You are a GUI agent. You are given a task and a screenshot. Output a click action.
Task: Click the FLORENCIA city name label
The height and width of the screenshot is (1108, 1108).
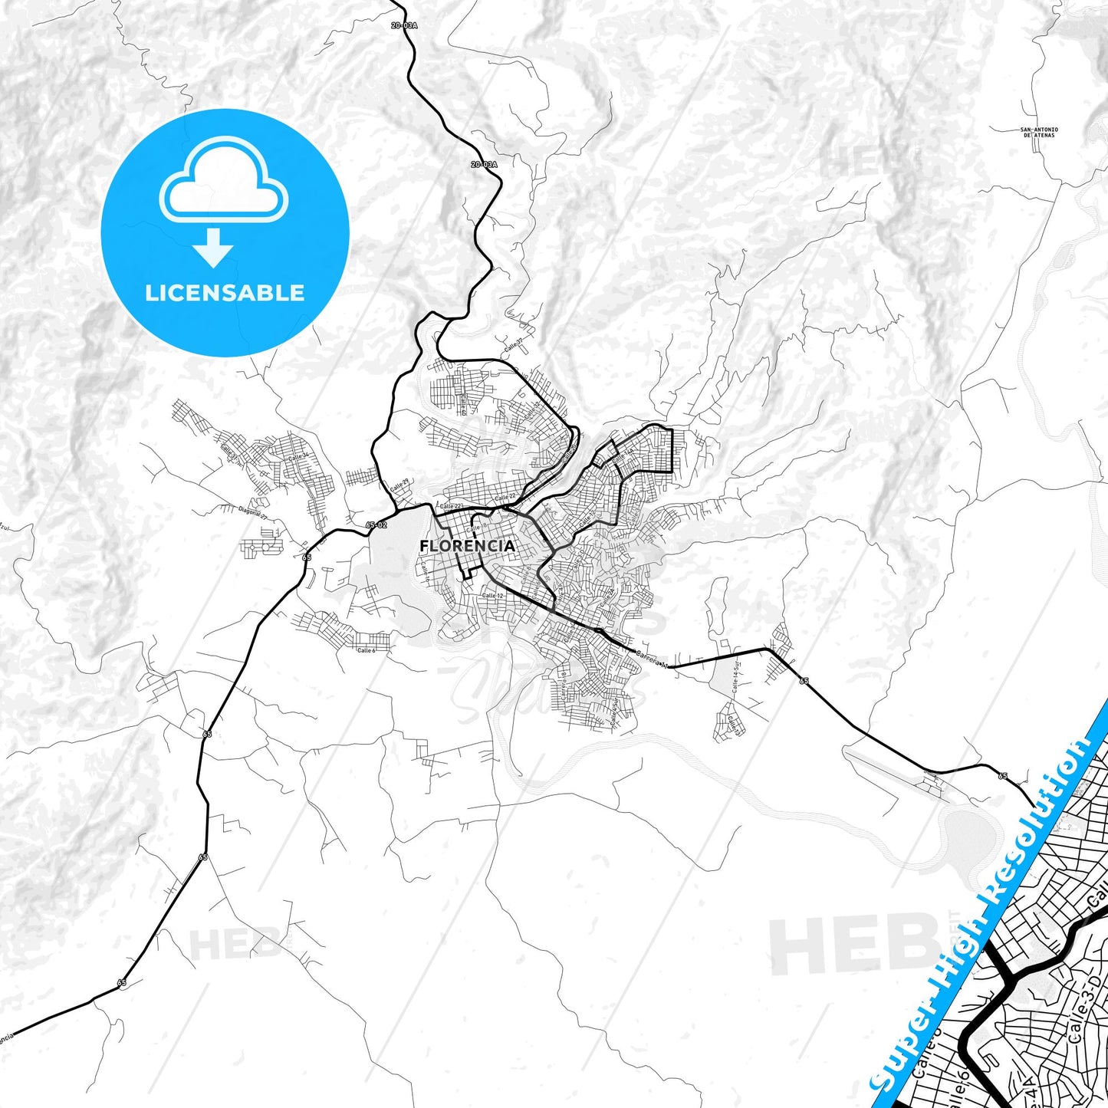(x=467, y=546)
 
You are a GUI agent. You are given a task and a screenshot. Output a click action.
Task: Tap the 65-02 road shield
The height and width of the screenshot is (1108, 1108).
(x=376, y=524)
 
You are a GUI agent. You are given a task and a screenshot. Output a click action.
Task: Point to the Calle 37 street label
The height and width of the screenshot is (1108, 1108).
(x=514, y=345)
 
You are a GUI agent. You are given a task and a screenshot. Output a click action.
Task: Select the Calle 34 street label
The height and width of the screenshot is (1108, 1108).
(x=298, y=456)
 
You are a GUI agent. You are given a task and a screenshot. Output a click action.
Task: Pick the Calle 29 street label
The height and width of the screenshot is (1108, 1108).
(x=399, y=486)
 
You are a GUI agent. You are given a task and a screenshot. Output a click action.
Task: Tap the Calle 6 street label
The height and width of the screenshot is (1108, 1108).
(x=367, y=650)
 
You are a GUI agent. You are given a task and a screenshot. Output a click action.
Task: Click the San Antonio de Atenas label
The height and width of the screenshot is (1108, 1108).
(x=1039, y=132)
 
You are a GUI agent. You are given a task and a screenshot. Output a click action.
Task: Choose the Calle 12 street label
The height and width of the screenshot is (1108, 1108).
(x=493, y=596)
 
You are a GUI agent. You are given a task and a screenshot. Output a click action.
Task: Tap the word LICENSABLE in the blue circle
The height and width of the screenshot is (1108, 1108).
(x=225, y=293)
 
